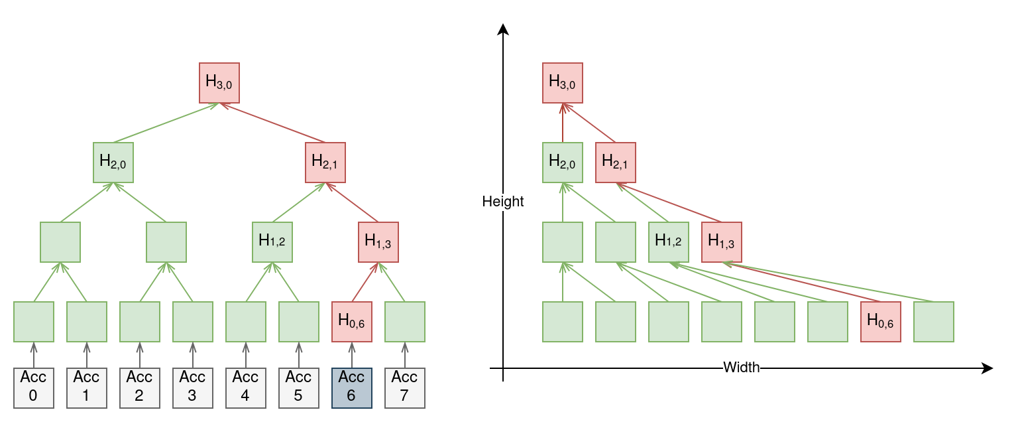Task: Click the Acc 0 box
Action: (34, 388)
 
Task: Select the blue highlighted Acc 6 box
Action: (352, 388)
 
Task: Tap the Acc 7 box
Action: (405, 388)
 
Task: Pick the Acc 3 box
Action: (193, 388)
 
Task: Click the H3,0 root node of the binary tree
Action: (219, 83)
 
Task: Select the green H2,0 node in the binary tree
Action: (113, 163)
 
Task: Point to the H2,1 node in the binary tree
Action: (325, 163)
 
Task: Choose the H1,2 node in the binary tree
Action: (272, 242)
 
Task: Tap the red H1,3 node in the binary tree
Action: (378, 242)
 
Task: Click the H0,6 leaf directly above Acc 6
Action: (352, 322)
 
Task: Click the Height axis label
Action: (502, 201)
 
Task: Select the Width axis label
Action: (741, 367)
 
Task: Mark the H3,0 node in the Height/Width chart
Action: (563, 83)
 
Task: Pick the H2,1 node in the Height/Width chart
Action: (616, 163)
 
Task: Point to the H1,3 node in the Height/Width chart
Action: (722, 242)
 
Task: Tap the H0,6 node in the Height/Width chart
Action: (881, 322)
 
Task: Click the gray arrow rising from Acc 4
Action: (246, 355)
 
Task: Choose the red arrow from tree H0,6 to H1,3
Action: (365, 282)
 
